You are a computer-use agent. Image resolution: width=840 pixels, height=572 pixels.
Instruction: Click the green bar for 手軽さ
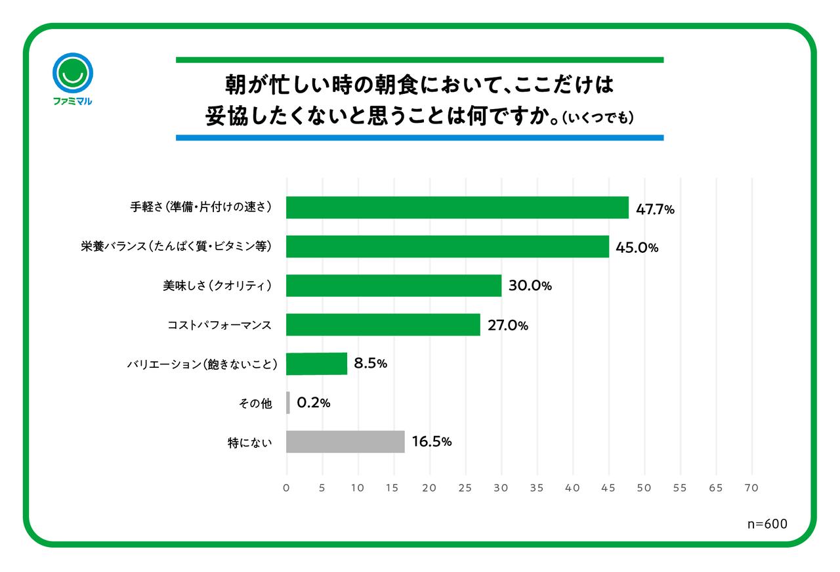(457, 208)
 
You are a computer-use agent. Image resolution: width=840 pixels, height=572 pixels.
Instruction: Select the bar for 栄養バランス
(448, 247)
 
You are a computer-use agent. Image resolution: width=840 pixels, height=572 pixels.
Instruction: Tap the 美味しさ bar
(394, 286)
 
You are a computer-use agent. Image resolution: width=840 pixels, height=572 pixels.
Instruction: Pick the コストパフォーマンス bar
(383, 324)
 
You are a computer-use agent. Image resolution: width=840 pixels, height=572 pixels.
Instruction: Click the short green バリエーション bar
(317, 364)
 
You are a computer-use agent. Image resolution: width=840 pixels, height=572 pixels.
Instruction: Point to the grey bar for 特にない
(346, 442)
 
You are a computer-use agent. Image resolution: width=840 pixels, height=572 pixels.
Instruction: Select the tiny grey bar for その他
(288, 403)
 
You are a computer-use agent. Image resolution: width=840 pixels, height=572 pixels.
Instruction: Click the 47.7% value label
(655, 209)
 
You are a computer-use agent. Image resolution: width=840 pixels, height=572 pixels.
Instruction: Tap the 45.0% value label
(637, 248)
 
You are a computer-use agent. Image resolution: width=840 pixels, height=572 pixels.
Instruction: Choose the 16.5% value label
(432, 442)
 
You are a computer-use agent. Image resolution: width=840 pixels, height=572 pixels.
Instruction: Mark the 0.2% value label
(313, 403)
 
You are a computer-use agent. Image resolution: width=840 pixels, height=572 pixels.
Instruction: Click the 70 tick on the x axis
(751, 488)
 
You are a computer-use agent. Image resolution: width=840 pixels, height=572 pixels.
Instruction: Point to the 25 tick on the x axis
(465, 488)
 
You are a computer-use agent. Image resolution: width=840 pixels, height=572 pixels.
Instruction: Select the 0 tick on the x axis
(287, 488)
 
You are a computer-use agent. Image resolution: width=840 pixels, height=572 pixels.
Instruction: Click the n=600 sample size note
(767, 523)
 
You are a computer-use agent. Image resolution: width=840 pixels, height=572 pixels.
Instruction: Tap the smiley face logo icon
(72, 72)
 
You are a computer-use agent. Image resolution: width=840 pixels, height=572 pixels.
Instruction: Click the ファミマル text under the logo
(72, 102)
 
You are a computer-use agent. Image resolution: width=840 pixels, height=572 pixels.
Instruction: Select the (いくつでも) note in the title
(598, 118)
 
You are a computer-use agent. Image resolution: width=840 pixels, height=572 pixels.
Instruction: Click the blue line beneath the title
(419, 138)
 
